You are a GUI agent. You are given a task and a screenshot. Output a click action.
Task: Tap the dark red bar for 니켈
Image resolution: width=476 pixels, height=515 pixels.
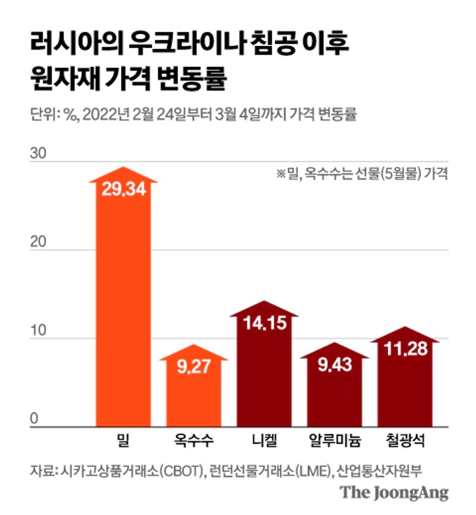click(264, 374)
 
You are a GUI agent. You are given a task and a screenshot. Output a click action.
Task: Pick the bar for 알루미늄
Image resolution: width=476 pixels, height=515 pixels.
click(334, 397)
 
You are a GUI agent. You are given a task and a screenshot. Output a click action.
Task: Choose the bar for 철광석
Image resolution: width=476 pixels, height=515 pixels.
click(405, 386)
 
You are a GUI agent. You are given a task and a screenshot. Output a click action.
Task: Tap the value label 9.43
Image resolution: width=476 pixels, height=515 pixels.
click(334, 365)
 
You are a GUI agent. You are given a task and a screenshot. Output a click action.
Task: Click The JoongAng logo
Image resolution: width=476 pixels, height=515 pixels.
click(394, 493)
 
